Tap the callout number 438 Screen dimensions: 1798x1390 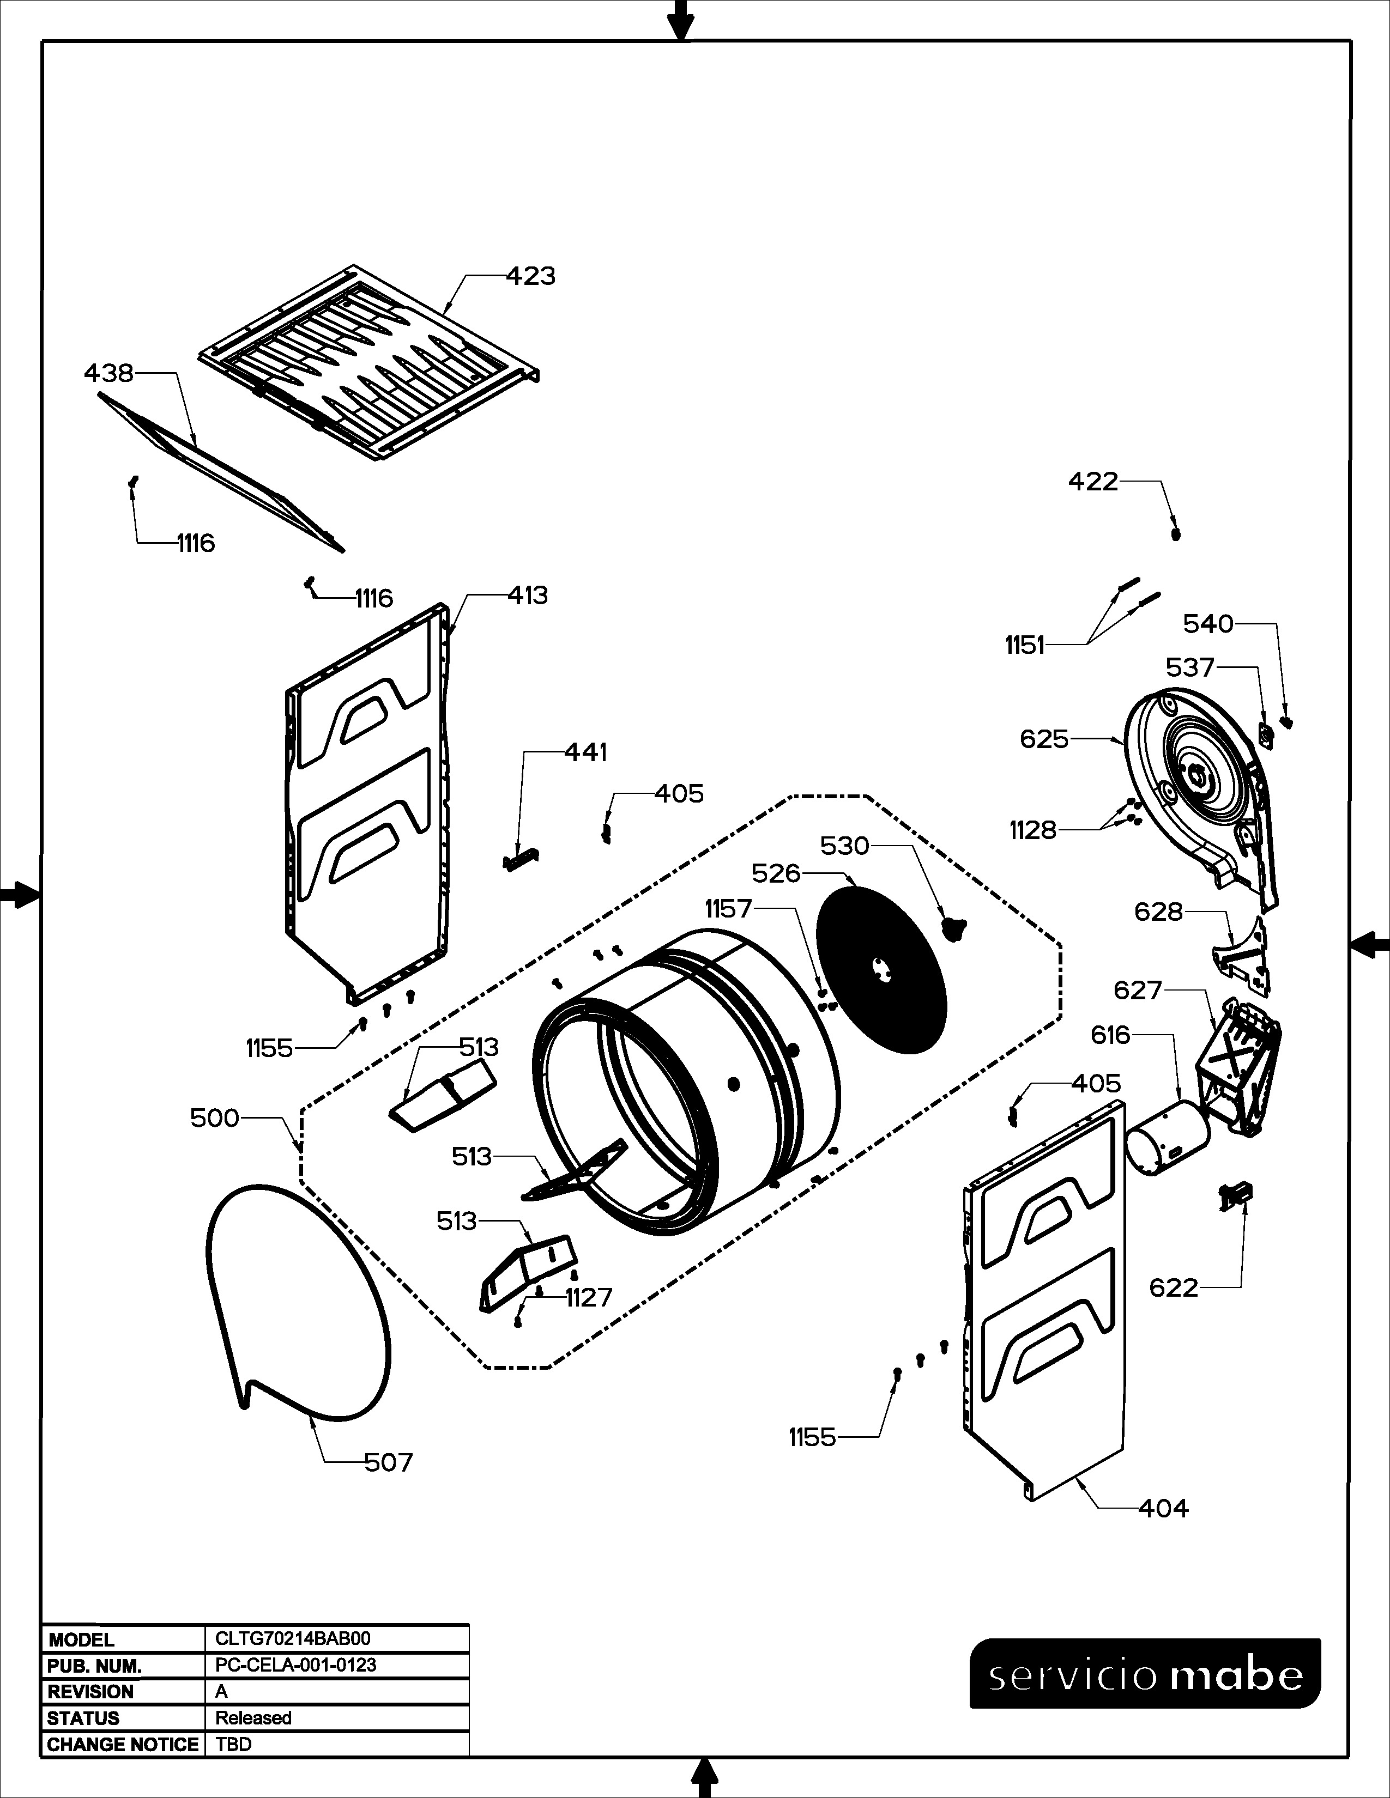coord(108,374)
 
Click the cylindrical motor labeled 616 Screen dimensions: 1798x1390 coord(1167,1139)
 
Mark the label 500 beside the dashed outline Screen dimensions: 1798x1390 coord(214,1118)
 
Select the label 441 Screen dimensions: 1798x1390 coord(585,752)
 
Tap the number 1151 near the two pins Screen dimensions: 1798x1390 coord(1024,646)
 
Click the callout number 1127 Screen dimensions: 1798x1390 coord(589,1298)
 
